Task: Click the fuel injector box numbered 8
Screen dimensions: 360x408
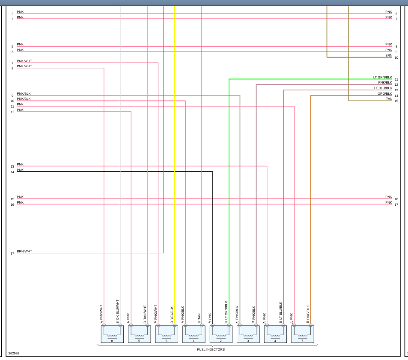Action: (112, 334)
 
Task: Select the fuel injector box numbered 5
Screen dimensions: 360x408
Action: (139, 334)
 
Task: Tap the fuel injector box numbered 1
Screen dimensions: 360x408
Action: (194, 334)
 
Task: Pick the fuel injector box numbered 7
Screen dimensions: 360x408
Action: (302, 334)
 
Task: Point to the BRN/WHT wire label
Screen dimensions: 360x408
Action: (24, 251)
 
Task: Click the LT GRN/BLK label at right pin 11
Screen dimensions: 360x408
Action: (382, 78)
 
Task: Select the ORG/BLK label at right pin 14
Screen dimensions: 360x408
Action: (384, 93)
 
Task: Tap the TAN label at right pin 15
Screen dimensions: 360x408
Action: (389, 99)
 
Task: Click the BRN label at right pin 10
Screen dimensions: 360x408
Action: (388, 55)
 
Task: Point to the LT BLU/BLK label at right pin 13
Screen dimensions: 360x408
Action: (383, 88)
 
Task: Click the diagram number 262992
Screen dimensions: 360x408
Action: (14, 354)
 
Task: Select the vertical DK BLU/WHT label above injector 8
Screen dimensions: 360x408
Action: (118, 309)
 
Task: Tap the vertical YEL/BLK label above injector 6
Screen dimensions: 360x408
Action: (172, 313)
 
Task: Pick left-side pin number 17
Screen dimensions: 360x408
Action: (12, 253)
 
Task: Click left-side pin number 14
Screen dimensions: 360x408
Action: (12, 172)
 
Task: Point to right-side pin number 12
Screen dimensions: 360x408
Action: (396, 85)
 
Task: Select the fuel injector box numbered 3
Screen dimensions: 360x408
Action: (248, 334)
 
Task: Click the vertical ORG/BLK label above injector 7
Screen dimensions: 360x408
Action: (308, 313)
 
